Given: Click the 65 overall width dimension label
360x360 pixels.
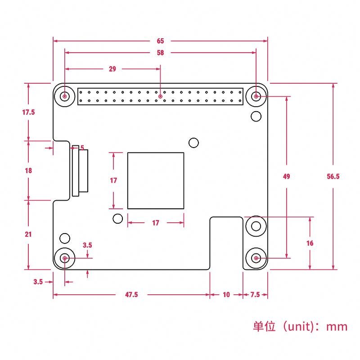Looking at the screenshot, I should tap(160, 41).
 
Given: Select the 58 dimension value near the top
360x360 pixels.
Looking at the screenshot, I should tap(160, 53).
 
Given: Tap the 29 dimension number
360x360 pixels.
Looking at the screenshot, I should tap(112, 69).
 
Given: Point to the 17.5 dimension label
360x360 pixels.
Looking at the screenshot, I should tap(28, 112).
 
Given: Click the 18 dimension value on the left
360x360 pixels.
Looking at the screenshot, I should tap(28, 171).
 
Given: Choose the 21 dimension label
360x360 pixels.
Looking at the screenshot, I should tap(28, 234).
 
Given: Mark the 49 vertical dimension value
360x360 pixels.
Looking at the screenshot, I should tap(286, 176).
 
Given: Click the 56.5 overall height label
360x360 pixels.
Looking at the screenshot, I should tap(333, 176).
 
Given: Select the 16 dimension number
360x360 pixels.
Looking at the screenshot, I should tap(310, 243).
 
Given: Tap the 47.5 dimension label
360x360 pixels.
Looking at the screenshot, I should tap(131, 295).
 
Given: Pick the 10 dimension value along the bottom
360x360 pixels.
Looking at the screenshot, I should tap(226, 295).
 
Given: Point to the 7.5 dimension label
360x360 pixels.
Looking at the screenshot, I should tap(255, 295).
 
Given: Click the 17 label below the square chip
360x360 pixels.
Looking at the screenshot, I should tap(155, 223).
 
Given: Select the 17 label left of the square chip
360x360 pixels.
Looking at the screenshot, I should tap(113, 180).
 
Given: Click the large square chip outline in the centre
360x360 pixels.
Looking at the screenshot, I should tap(156, 180).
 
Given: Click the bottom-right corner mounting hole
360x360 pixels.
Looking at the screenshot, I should tap(256, 258).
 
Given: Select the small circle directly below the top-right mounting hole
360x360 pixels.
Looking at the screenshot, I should tap(256, 117).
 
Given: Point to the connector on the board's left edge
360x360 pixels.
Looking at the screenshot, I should tap(80, 171).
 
